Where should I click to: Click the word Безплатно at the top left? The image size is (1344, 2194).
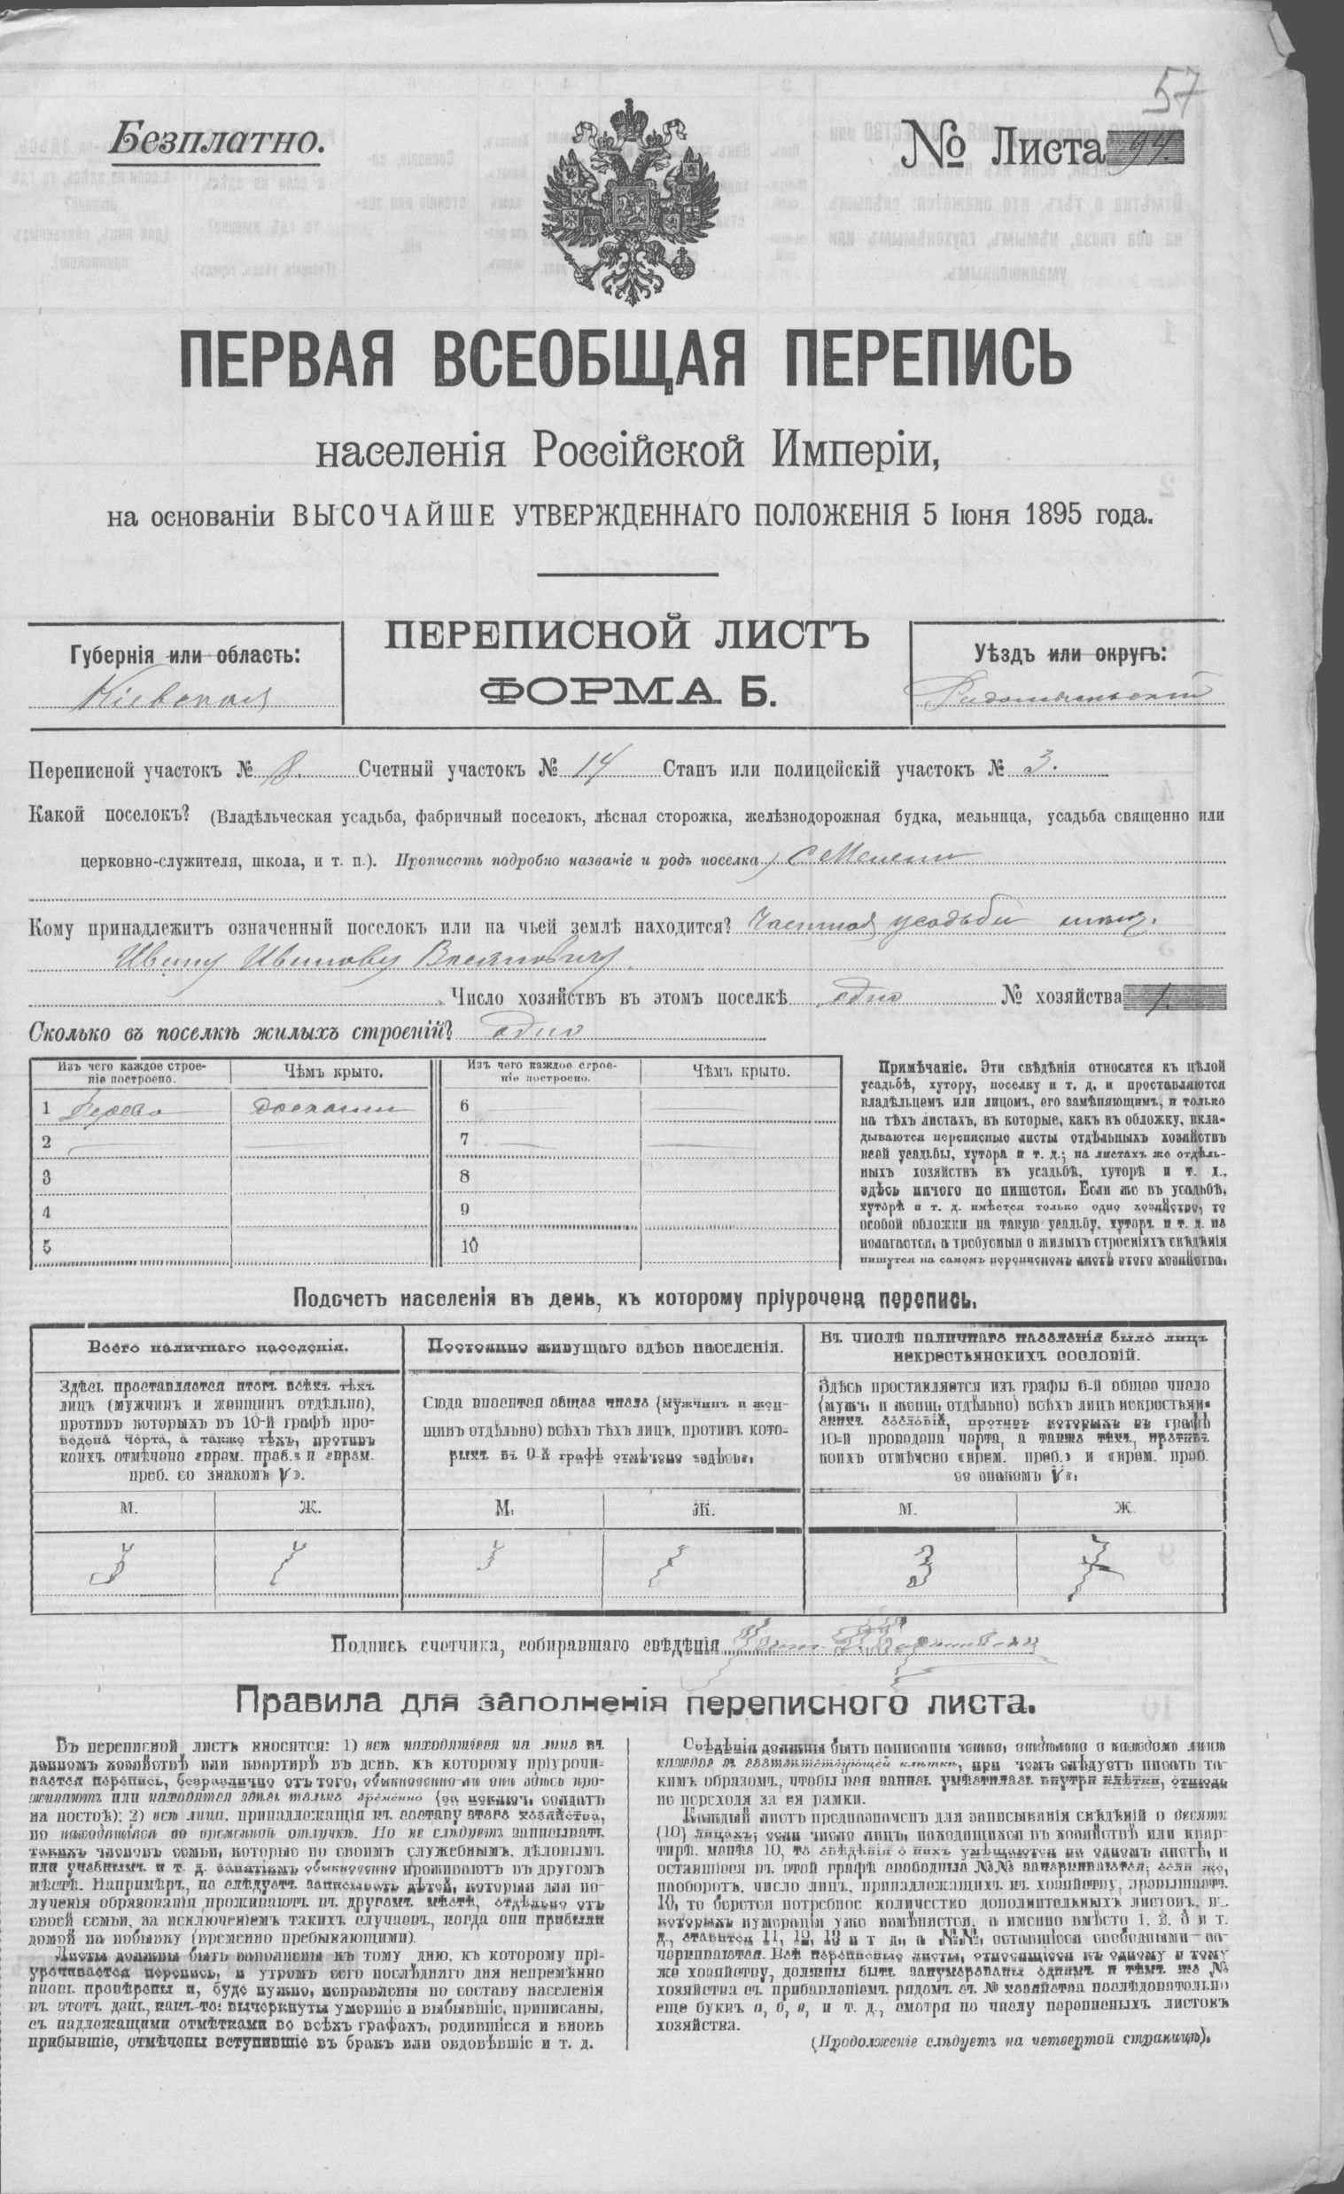(x=215, y=140)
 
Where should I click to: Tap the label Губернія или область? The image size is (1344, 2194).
(x=185, y=655)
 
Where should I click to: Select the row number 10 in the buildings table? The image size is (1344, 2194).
(x=469, y=1245)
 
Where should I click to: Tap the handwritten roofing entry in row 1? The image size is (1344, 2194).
(x=322, y=1109)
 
